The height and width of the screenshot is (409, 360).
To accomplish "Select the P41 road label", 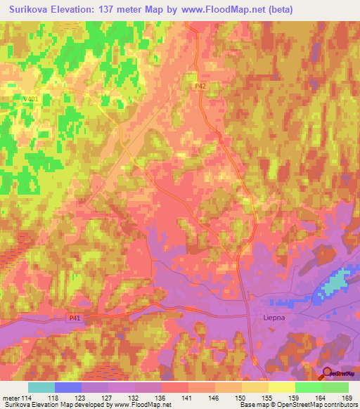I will tap(75, 318).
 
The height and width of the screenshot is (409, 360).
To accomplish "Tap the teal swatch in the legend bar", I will tap(41, 387).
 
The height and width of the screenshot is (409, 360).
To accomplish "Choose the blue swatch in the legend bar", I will tap(67, 387).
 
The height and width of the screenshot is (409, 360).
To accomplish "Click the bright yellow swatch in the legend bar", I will tap(281, 387).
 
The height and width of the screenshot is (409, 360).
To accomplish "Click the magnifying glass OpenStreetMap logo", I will tap(327, 373).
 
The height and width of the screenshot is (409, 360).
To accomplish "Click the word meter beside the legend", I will tap(11, 397).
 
